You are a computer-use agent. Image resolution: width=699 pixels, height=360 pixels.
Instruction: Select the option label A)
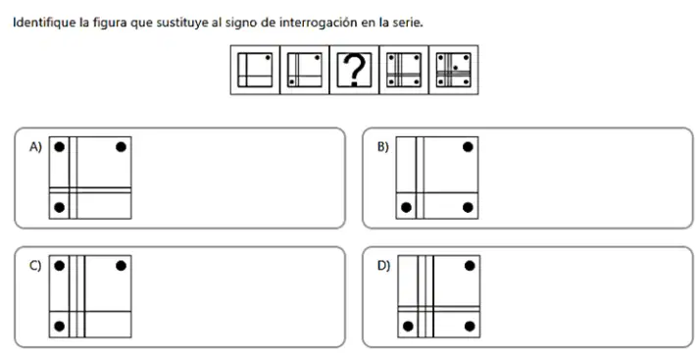tap(35, 147)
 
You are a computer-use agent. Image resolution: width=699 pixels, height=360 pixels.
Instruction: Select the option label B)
tap(383, 147)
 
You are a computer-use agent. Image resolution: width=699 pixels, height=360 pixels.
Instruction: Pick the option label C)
tap(35, 266)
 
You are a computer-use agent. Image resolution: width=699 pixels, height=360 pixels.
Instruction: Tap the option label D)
tap(384, 266)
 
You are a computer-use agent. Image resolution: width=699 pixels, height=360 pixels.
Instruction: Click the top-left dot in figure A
tap(59, 147)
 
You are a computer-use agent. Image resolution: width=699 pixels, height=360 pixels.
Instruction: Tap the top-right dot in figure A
tap(121, 147)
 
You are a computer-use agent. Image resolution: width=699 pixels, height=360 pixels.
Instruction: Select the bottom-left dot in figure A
tap(59, 207)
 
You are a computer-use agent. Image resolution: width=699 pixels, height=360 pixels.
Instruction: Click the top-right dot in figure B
tap(468, 147)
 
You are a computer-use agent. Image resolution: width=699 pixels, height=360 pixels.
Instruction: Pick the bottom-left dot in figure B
tap(406, 207)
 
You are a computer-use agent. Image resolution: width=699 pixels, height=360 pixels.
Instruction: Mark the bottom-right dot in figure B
tap(468, 207)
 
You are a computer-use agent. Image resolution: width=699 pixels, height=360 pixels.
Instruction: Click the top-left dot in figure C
tap(59, 266)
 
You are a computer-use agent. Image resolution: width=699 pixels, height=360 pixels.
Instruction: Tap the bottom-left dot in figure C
tap(59, 327)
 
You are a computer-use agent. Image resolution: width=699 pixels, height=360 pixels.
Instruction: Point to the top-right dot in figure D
tap(470, 266)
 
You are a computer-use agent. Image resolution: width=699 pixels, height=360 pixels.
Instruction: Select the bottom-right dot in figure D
tap(470, 327)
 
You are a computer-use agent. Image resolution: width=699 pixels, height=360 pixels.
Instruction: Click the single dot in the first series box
tap(268, 58)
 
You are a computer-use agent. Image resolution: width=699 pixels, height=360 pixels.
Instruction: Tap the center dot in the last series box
tap(455, 68)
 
